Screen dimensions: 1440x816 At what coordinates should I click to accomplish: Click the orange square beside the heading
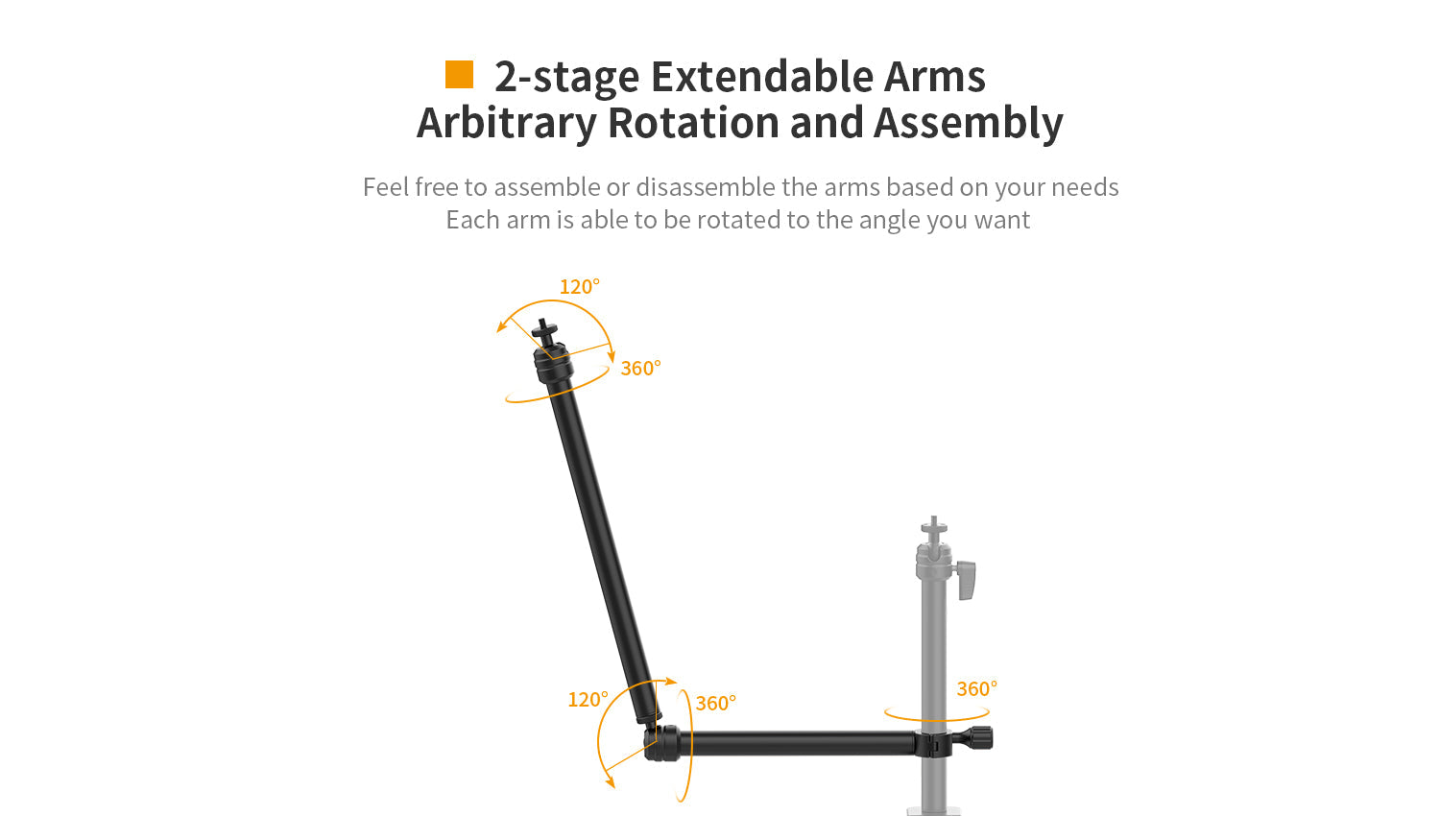point(459,75)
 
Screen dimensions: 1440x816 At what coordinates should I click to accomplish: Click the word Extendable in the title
point(762,77)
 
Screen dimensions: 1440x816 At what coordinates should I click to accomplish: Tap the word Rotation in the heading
point(693,122)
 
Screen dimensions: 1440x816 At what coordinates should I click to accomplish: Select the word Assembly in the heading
point(968,124)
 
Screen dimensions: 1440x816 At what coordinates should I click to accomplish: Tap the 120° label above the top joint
point(579,287)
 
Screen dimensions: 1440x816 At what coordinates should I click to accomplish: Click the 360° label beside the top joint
point(640,369)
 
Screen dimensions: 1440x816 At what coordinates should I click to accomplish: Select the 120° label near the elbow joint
point(588,700)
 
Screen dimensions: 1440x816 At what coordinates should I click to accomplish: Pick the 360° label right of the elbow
point(715,704)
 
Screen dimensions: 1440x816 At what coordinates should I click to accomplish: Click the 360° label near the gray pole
point(976,689)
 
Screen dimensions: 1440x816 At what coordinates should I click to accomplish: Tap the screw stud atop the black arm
point(544,330)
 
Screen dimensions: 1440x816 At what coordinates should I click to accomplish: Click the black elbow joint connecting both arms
point(662,743)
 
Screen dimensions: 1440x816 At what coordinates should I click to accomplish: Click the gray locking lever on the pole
point(966,580)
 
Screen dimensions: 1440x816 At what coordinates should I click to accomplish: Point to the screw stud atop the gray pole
point(934,525)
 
